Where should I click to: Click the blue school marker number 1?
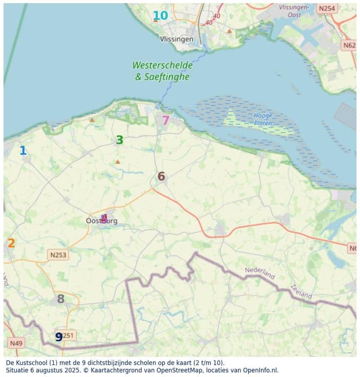point(23,151)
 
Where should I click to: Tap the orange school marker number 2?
point(11,243)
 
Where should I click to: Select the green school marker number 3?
point(119,140)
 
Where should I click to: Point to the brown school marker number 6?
point(161,176)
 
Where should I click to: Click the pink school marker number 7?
point(165,120)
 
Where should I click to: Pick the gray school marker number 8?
point(60,298)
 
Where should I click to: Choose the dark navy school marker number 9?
point(59,337)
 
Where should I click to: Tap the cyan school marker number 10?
point(160,15)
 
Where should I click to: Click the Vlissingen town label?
point(177,39)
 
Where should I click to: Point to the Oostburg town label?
point(102,221)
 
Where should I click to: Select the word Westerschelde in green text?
point(162,65)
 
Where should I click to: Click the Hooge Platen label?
point(263,119)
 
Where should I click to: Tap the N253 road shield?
point(58,255)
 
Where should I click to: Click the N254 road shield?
point(327,8)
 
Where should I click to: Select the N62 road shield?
point(349,45)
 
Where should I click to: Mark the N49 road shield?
point(16,342)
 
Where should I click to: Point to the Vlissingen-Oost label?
point(294,11)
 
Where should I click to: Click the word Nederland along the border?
point(260,273)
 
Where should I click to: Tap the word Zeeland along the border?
point(300,292)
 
